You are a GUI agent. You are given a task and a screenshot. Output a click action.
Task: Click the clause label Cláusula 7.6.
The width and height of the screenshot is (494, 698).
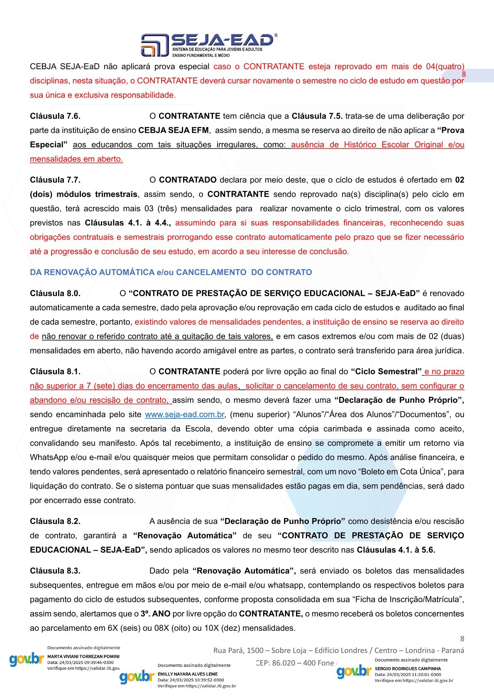(55, 116)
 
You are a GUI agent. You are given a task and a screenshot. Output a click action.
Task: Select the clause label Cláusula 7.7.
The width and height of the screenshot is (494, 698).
(55, 180)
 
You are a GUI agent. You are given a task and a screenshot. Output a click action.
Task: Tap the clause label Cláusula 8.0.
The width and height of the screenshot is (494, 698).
(55, 293)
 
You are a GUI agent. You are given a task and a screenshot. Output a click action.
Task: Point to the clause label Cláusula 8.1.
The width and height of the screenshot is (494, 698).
(55, 371)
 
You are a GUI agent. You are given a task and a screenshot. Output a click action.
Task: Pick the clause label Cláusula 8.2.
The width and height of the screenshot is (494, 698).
(55, 521)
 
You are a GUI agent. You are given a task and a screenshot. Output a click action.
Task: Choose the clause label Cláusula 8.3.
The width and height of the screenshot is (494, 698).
(55, 571)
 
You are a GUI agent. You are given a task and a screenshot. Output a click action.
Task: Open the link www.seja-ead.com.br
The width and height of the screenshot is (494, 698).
(185, 414)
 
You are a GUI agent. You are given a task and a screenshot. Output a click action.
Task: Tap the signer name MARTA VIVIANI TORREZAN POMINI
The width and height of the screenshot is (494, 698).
(83, 657)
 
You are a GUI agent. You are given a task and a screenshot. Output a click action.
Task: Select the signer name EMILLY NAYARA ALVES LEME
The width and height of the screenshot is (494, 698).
(188, 674)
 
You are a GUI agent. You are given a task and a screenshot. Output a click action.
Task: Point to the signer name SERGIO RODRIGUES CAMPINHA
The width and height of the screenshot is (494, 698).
(408, 669)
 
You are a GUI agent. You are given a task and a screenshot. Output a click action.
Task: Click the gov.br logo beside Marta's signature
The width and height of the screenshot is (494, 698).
(27, 659)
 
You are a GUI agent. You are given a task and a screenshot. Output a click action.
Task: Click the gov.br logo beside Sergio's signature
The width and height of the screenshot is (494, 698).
(354, 671)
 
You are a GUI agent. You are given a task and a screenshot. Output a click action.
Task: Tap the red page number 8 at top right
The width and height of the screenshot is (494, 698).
(464, 74)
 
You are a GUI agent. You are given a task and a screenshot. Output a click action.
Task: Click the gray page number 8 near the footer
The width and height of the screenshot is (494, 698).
(462, 639)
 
